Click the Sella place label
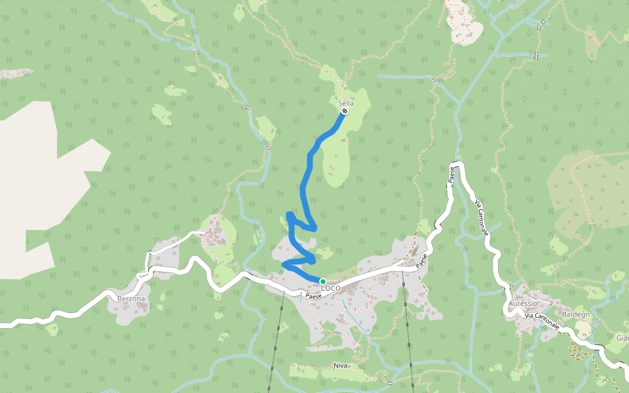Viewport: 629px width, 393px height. [346, 103]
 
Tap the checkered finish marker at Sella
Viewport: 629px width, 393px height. [345, 111]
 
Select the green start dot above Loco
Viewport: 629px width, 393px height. [322, 281]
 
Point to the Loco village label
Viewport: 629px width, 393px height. [331, 288]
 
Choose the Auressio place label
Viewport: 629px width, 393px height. [522, 305]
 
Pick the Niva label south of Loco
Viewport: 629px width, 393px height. [339, 365]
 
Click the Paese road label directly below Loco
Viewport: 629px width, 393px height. [314, 297]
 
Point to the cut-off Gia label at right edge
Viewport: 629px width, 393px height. [622, 339]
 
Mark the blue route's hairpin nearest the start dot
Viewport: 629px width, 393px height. [284, 264]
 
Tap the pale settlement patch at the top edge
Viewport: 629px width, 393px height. [463, 23]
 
